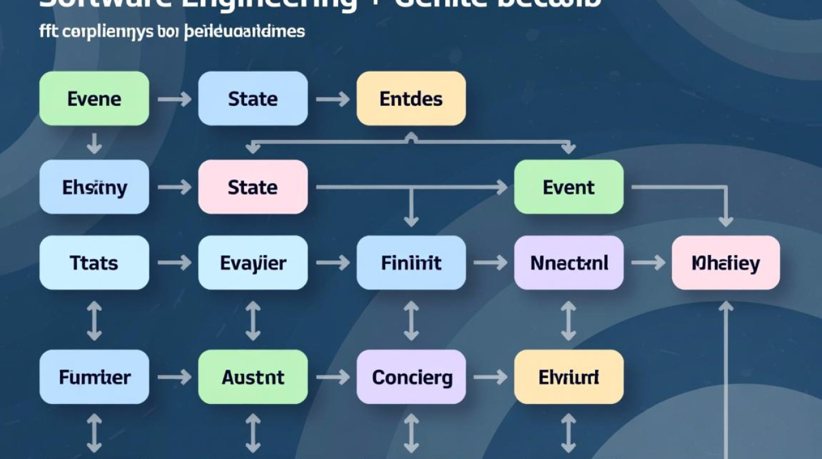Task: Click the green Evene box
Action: click(94, 99)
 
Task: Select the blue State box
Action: click(253, 99)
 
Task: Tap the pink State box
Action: click(253, 187)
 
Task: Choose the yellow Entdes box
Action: click(411, 99)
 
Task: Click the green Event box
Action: click(569, 187)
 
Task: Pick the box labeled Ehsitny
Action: click(94, 187)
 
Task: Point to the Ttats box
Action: click(94, 263)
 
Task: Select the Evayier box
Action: click(253, 263)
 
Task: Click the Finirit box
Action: click(411, 263)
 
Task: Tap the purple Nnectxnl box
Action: click(569, 263)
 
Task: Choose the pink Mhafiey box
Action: click(725, 263)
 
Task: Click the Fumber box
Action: click(94, 377)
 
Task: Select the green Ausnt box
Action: click(253, 377)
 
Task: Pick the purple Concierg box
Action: click(411, 377)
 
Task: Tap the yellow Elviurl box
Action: click(569, 377)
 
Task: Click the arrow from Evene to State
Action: click(174, 99)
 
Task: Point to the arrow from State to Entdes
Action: click(332, 99)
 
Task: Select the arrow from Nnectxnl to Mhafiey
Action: click(648, 263)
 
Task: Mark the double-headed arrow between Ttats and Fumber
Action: click(94, 320)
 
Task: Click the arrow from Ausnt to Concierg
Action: click(332, 377)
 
